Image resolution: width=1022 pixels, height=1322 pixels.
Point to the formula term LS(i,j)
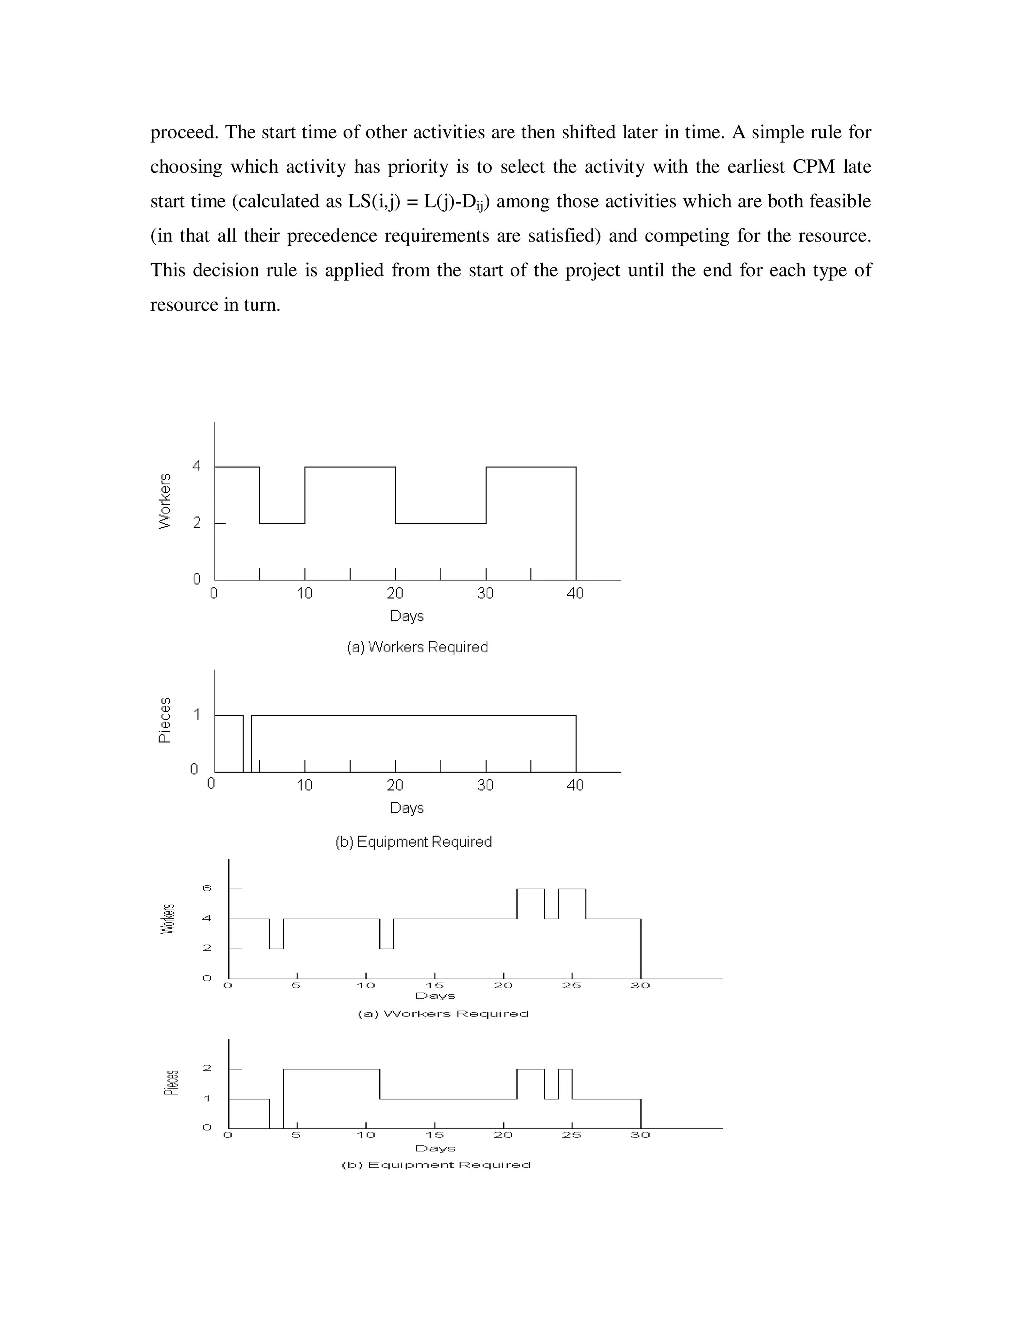coord(374,202)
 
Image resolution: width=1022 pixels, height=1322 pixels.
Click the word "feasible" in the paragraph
coord(840,202)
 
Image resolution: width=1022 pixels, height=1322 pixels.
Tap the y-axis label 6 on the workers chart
coord(207,888)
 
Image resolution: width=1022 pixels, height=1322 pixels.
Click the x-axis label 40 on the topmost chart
coord(575,594)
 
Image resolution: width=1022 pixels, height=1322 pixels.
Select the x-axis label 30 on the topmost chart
coord(485,594)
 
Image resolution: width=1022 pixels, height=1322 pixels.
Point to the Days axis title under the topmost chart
coord(407,616)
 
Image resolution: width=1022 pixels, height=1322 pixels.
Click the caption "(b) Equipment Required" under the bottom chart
coord(436,1165)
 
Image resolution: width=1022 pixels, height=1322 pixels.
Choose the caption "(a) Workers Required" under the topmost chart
coord(417,647)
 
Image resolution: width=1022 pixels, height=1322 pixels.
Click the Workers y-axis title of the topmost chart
coord(164,501)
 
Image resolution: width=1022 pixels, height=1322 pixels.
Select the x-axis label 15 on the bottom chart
coord(435,1135)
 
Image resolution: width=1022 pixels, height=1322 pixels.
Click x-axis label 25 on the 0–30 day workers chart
coord(571,985)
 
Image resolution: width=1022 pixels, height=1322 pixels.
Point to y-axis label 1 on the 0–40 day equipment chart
coord(196,715)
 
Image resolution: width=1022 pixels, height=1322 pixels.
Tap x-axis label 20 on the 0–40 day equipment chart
coord(395,786)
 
